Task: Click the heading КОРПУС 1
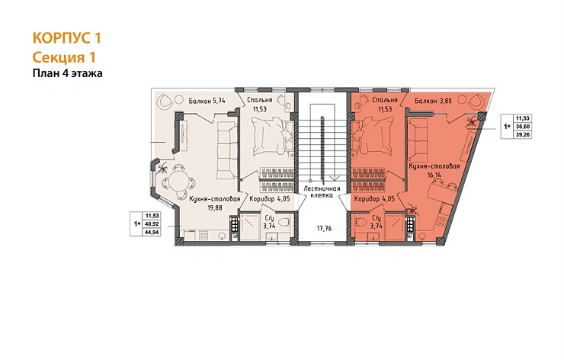click(67, 38)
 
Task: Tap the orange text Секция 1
click(64, 58)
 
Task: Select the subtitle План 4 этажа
click(68, 73)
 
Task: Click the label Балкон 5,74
click(207, 101)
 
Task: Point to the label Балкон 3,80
click(433, 101)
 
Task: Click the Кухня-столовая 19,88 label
click(215, 203)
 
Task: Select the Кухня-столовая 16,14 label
click(434, 170)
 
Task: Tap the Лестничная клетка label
click(322, 191)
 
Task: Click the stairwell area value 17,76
click(324, 228)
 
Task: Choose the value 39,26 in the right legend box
click(524, 135)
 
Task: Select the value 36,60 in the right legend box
click(524, 127)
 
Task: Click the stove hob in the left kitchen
click(203, 236)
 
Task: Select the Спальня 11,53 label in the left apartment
click(260, 104)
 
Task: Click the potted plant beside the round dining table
click(162, 167)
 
